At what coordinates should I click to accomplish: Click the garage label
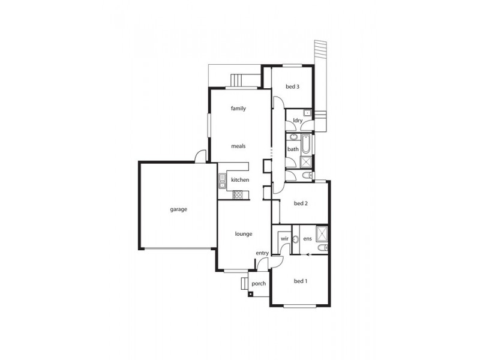[x=178, y=209]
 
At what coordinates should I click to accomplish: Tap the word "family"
[x=238, y=109]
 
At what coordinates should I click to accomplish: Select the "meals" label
[x=238, y=146]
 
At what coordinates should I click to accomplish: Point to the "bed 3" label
[x=292, y=86]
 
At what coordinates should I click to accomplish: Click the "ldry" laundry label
[x=298, y=121]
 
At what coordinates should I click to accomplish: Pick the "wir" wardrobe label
[x=284, y=238]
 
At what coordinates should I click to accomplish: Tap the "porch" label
[x=259, y=284]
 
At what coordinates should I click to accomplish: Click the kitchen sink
[x=222, y=181]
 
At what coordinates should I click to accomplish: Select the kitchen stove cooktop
[x=237, y=194]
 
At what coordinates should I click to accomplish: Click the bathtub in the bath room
[x=306, y=144]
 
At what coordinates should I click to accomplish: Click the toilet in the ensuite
[x=323, y=247]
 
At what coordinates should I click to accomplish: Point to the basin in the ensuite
[x=295, y=239]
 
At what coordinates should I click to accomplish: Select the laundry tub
[x=307, y=113]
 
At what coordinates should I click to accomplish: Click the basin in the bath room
[x=293, y=137]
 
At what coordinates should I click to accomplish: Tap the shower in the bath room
[x=305, y=162]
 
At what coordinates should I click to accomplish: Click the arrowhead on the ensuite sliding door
[x=308, y=254]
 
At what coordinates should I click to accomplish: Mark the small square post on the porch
[x=251, y=294]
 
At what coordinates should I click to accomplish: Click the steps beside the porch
[x=245, y=283]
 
